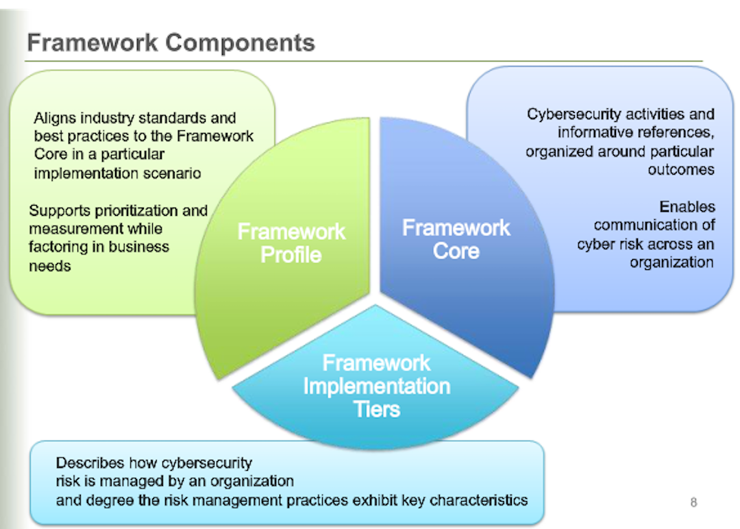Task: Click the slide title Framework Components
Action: click(x=171, y=42)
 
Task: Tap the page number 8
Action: click(x=693, y=503)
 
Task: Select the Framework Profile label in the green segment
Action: click(x=291, y=243)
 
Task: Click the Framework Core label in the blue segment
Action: click(x=456, y=239)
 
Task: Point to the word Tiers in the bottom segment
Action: click(x=376, y=409)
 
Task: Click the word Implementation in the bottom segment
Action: click(x=376, y=386)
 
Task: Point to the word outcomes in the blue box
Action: click(x=680, y=169)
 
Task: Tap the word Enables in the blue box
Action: click(x=687, y=206)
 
